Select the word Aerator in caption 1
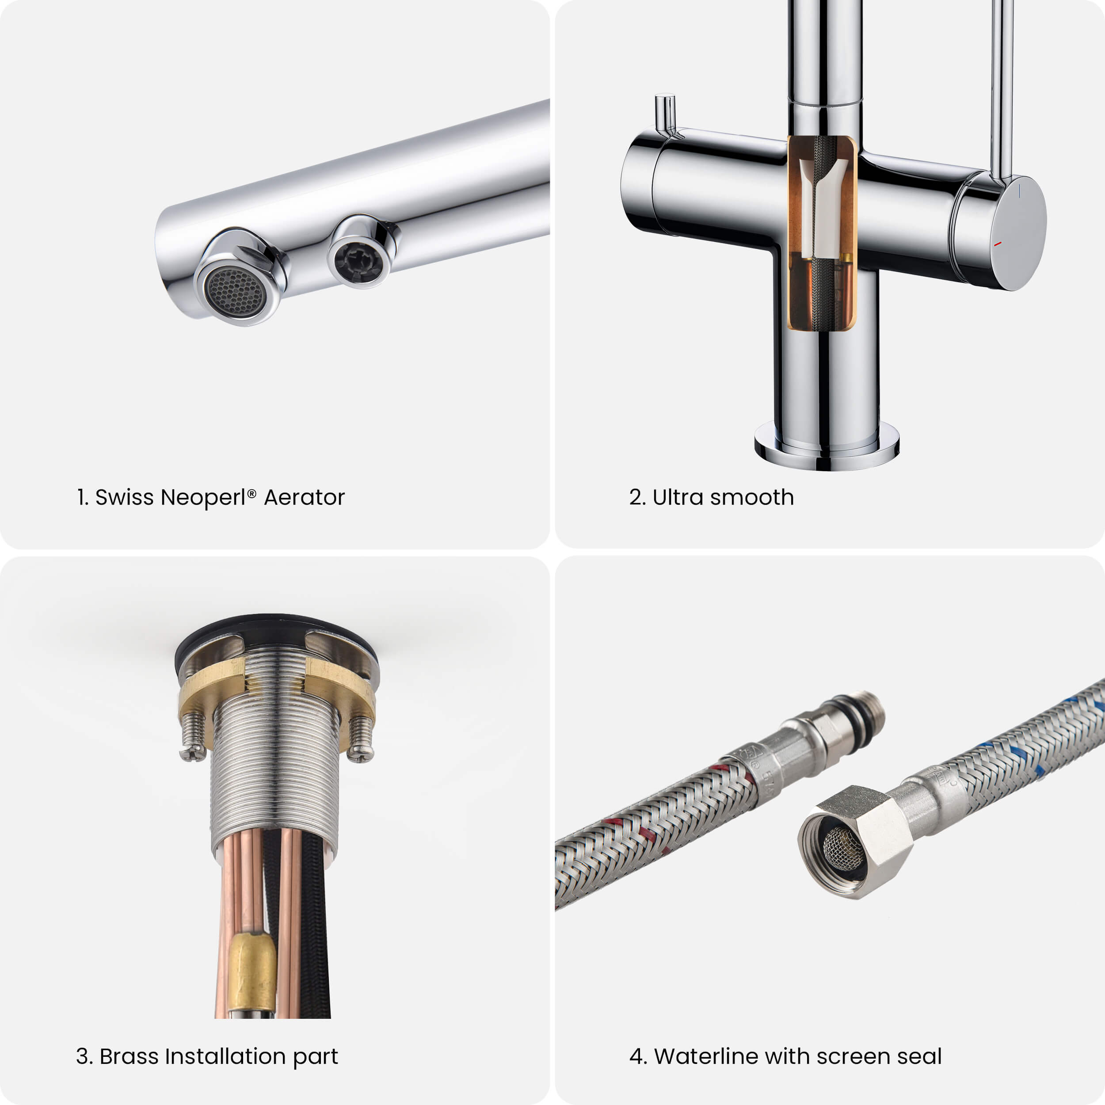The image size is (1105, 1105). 304,498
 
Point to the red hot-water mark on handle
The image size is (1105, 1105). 998,244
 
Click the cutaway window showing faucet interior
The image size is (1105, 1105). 822,233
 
